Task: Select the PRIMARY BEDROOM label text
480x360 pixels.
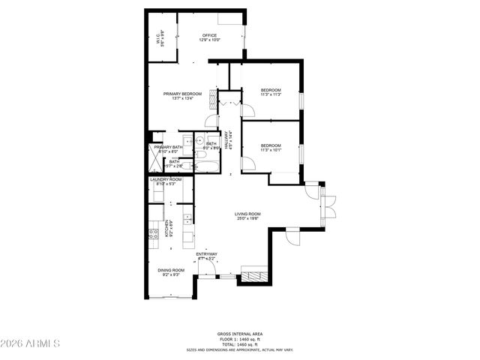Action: pos(183,95)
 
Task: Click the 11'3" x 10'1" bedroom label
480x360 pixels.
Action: pos(271,148)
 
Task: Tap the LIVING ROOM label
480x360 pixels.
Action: pos(249,216)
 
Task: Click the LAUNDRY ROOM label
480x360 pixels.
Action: pos(166,181)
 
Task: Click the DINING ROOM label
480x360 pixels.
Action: pos(171,272)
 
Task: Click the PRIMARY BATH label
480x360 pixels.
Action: pos(168,148)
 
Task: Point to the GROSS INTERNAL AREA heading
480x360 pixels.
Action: pos(240,334)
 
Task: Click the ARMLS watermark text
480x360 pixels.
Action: pos(31,344)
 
